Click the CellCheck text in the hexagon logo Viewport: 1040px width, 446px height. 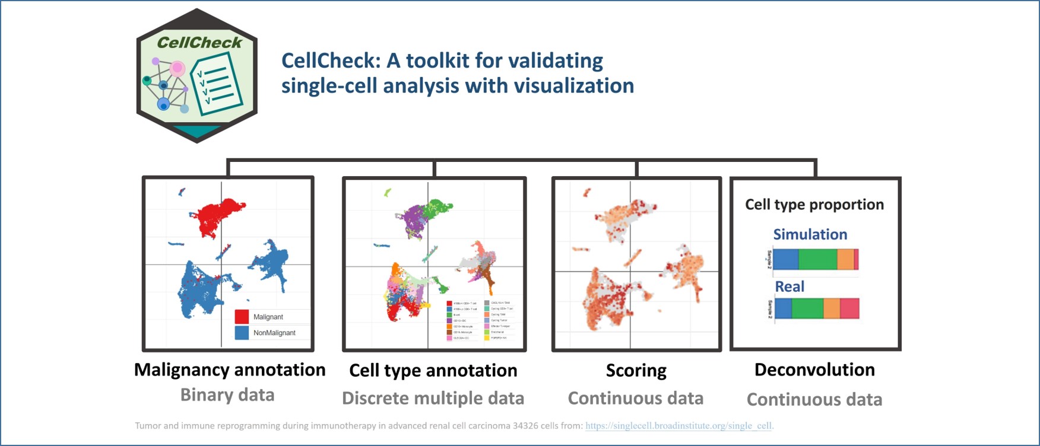point(199,43)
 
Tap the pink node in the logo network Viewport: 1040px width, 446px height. point(177,68)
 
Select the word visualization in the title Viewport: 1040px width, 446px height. point(573,86)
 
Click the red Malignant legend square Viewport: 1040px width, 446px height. point(242,317)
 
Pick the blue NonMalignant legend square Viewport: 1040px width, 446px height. point(242,333)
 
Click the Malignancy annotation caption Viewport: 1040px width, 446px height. point(230,369)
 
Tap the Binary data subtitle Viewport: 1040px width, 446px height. point(227,395)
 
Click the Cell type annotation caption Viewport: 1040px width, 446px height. point(433,370)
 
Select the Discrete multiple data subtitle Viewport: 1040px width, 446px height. point(433,398)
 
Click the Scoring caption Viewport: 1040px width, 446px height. point(636,370)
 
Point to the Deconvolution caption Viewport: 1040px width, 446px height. point(814,369)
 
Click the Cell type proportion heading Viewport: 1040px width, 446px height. point(814,205)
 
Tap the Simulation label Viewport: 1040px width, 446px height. point(810,234)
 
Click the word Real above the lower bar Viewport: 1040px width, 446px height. point(789,286)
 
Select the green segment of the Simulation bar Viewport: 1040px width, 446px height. point(817,259)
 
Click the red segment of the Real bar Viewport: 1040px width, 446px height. point(849,308)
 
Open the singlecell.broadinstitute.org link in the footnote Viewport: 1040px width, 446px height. point(679,425)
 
